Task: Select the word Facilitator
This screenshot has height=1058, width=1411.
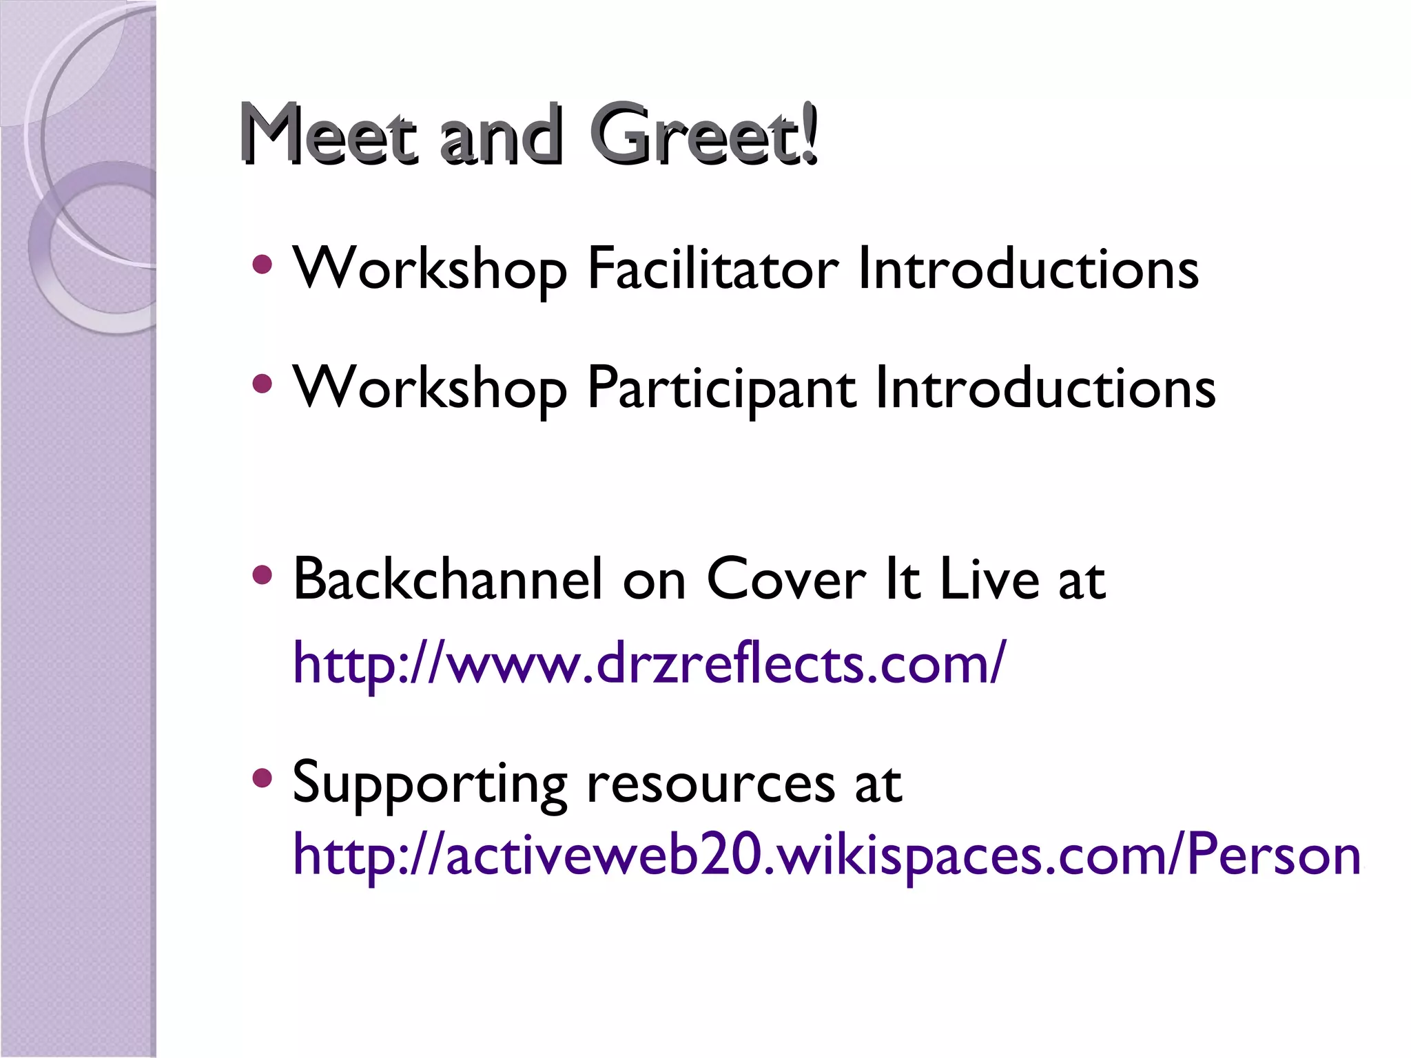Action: (713, 269)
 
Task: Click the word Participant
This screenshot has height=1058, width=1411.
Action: (721, 388)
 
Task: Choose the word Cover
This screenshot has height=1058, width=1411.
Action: (786, 579)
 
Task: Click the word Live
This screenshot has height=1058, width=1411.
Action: (989, 579)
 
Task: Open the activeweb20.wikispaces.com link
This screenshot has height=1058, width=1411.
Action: (826, 855)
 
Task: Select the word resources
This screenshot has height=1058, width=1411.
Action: (711, 784)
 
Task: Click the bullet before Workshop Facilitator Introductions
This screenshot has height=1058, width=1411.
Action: (262, 264)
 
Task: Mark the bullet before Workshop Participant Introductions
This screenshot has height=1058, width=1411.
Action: (262, 384)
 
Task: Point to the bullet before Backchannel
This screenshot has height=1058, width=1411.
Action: (262, 574)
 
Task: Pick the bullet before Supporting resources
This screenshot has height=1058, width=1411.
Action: (262, 778)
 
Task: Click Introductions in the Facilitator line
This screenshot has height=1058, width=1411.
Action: (1028, 269)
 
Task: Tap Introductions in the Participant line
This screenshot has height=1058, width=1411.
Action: (1045, 388)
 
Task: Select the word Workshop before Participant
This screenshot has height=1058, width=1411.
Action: (430, 388)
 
